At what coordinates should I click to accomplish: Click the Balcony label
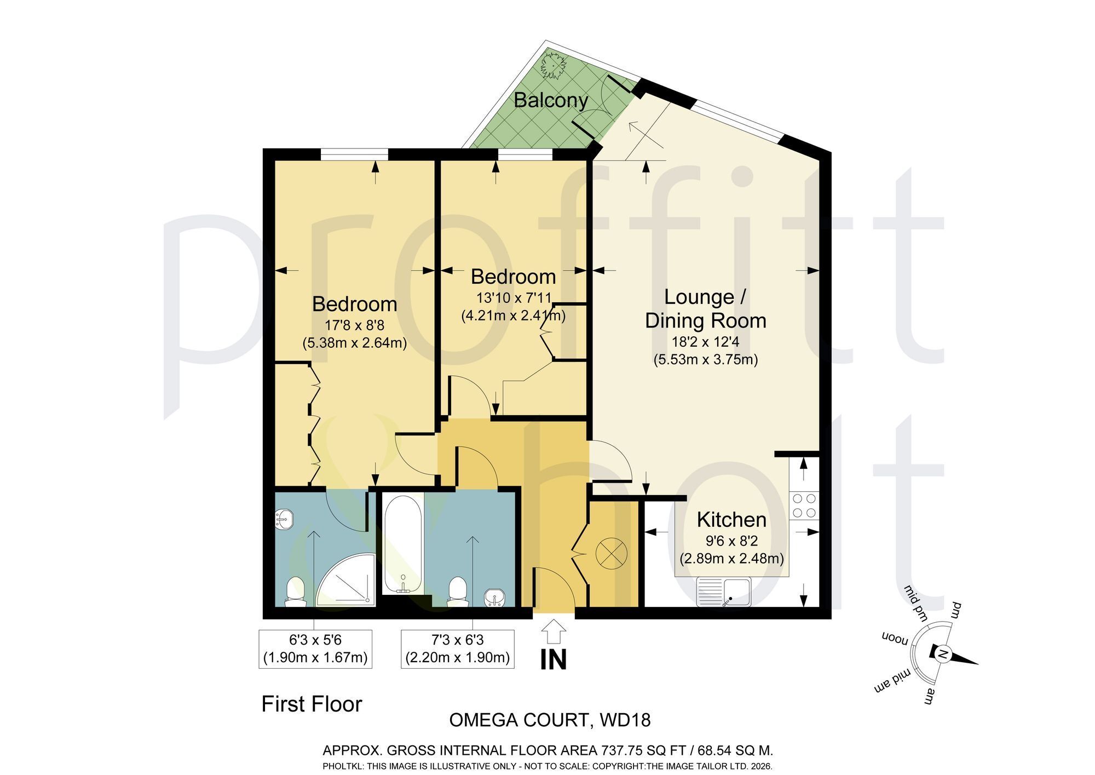[x=551, y=100]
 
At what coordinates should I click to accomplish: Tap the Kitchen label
[x=731, y=520]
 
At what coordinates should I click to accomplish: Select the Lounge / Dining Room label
[x=705, y=308]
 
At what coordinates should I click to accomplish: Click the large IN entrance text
[x=553, y=659]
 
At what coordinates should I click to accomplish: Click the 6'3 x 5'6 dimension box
[x=315, y=648]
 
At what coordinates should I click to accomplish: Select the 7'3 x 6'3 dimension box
[x=458, y=648]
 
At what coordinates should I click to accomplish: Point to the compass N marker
[x=942, y=653]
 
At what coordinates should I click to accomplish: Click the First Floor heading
[x=312, y=704]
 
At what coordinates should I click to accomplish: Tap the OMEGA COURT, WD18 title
[x=550, y=719]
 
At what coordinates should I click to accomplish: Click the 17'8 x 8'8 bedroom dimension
[x=354, y=325]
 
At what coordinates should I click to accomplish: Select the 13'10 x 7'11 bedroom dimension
[x=514, y=298]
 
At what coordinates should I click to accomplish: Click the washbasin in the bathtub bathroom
[x=497, y=598]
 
